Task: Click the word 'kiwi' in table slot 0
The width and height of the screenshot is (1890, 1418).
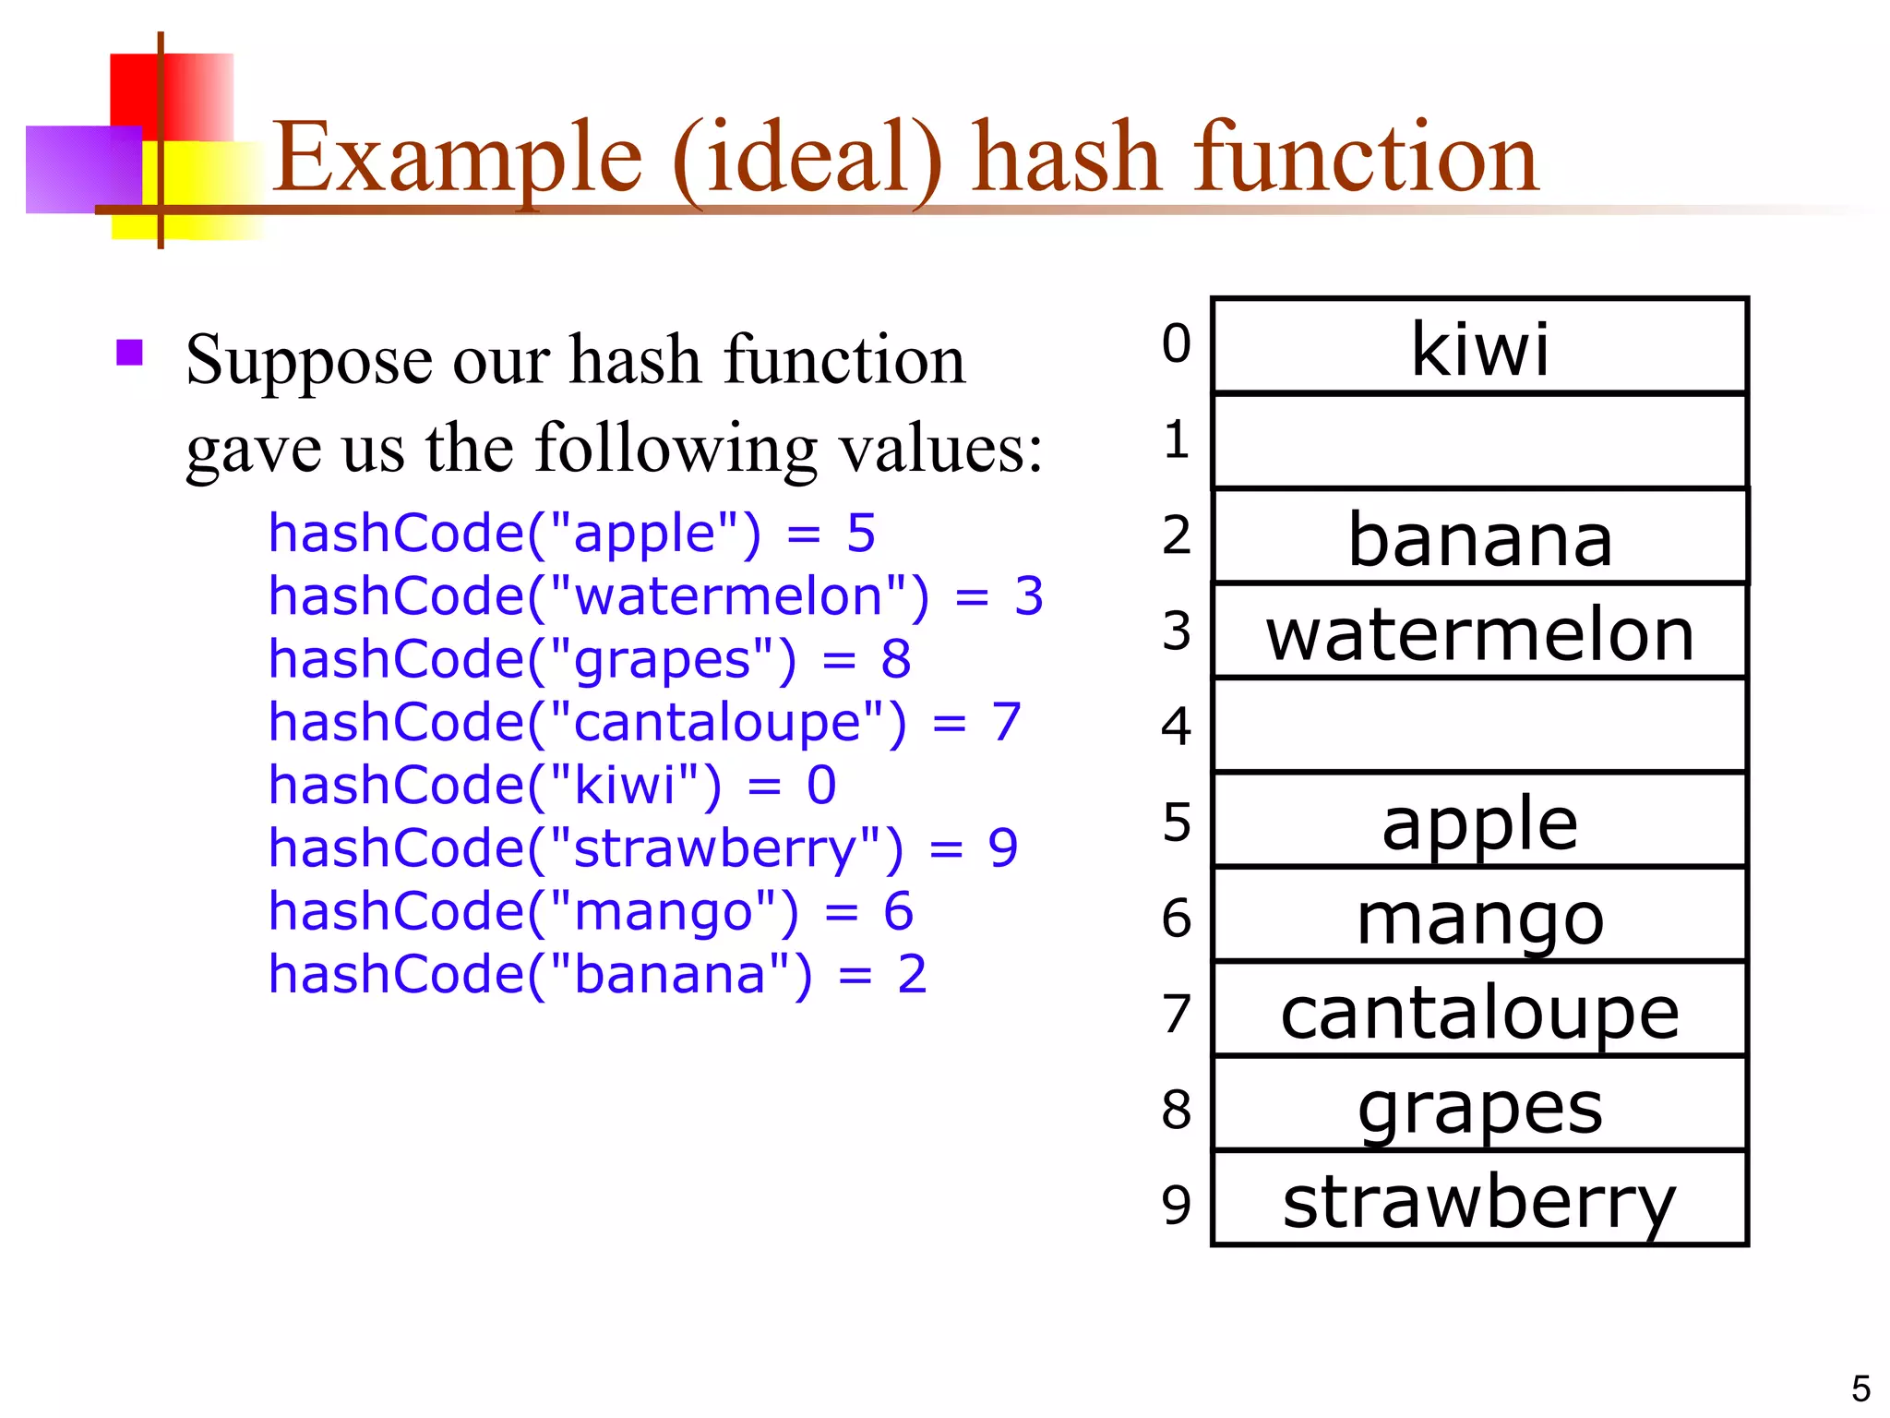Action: [x=1479, y=348]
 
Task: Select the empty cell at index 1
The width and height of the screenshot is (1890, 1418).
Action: [x=1479, y=441]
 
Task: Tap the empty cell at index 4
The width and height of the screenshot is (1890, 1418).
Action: [x=1479, y=726]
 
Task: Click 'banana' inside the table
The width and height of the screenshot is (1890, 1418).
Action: [x=1479, y=539]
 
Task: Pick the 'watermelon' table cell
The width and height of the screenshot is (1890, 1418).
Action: [x=1479, y=635]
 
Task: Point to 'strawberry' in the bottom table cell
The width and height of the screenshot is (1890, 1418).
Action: [x=1479, y=1201]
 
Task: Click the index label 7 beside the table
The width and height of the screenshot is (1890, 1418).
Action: [x=1177, y=1014]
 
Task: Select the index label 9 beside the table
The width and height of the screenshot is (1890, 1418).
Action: [x=1177, y=1204]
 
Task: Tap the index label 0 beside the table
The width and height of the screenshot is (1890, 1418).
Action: [x=1177, y=343]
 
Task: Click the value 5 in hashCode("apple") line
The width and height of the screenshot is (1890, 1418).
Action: [x=860, y=534]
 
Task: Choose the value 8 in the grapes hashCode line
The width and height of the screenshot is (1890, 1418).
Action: [x=895, y=659]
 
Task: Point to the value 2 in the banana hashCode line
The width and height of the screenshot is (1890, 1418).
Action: [x=912, y=974]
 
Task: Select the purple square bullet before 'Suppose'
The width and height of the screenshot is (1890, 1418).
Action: [x=130, y=353]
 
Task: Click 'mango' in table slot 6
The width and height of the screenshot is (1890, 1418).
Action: [x=1479, y=919]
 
